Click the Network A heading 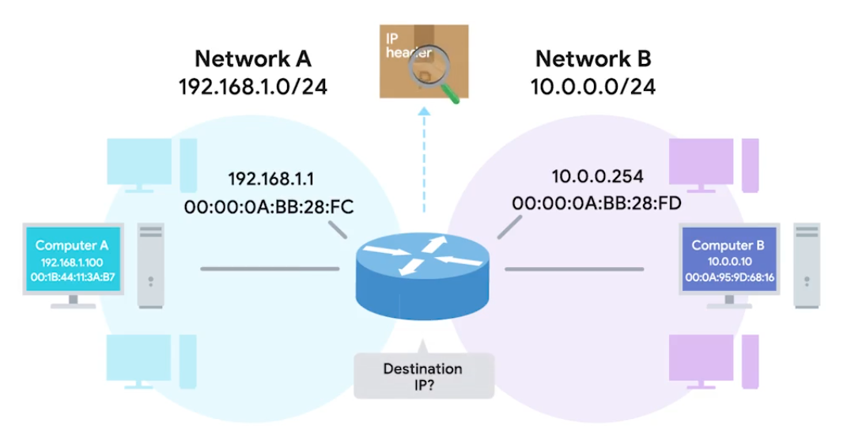click(253, 59)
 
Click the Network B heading click(595, 59)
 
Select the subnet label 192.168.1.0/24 click(253, 85)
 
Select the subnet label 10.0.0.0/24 click(595, 85)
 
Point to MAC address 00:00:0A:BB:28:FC click(268, 206)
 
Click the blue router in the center click(422, 269)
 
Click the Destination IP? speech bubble click(422, 376)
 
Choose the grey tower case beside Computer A click(150, 265)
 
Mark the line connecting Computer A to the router click(269, 270)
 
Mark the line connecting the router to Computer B click(573, 270)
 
